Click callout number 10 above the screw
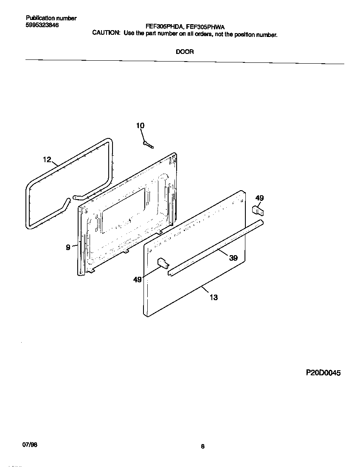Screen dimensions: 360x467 point(140,125)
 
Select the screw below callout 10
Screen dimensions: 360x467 point(148,144)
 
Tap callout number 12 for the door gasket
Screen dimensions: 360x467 point(47,160)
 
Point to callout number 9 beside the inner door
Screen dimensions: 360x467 point(68,248)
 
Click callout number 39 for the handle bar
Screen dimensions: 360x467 point(233,258)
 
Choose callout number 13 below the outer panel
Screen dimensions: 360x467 point(214,297)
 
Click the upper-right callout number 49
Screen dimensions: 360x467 point(259,198)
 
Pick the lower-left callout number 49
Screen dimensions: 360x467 point(138,280)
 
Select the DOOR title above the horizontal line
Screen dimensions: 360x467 point(185,52)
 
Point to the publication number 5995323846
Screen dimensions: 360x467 point(42,25)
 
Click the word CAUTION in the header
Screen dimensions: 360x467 point(106,34)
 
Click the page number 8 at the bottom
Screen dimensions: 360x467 point(202,446)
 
